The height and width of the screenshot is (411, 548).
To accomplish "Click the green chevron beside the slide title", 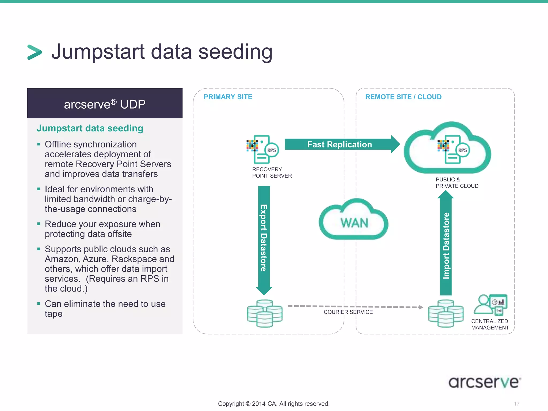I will [x=35, y=52].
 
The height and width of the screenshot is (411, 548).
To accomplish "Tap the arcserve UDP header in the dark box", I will [x=105, y=104].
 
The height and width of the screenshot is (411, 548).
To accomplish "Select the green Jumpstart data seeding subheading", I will [x=90, y=128].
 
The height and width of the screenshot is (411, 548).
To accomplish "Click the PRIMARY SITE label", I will [x=228, y=97].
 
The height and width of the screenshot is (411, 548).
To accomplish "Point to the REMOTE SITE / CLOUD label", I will [x=403, y=97].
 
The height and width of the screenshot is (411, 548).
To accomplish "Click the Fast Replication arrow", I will [x=340, y=144].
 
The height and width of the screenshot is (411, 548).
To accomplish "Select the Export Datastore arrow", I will [x=264, y=238].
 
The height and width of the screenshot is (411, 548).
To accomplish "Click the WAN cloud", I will [x=354, y=221].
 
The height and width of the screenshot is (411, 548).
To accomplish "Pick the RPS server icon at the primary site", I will [x=262, y=149].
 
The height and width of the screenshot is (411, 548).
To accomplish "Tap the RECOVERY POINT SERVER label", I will [x=272, y=173].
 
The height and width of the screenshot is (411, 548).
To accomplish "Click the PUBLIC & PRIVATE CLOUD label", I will [x=456, y=183].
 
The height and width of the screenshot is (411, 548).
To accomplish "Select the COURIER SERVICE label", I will [x=348, y=312].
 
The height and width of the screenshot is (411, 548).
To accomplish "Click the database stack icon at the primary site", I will [x=264, y=313].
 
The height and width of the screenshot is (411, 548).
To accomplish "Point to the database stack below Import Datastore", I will [x=446, y=313].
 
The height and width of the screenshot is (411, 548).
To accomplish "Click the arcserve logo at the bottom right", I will [x=485, y=382].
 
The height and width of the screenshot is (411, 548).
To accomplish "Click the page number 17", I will [x=516, y=404].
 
